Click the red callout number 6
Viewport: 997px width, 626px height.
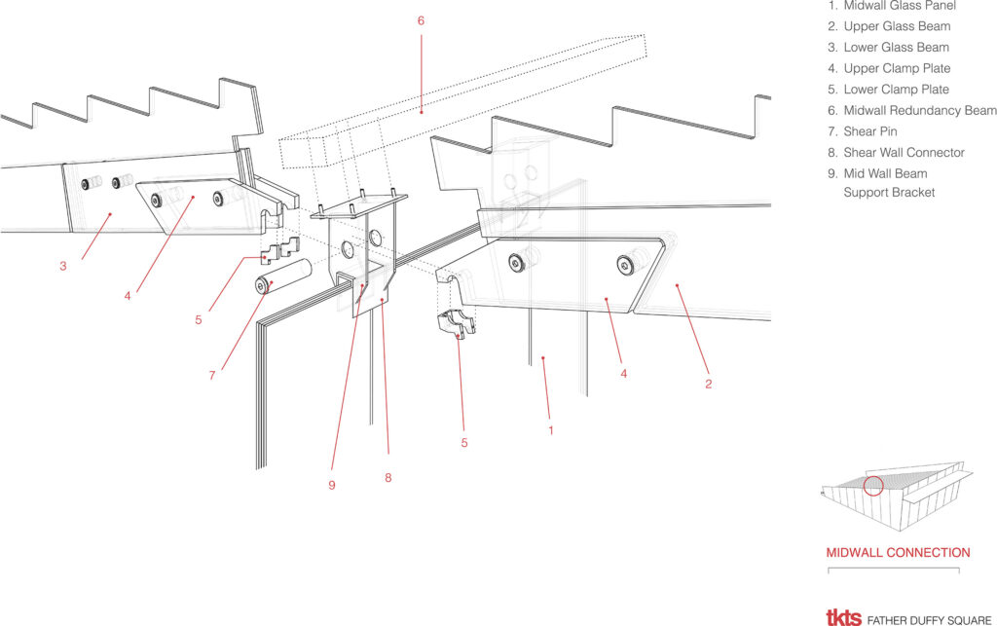pyautogui.click(x=421, y=21)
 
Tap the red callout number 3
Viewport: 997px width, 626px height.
pyautogui.click(x=63, y=267)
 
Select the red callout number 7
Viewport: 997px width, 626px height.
pyautogui.click(x=212, y=376)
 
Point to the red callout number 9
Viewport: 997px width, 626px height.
pyautogui.click(x=332, y=486)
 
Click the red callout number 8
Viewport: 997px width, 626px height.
pyautogui.click(x=388, y=478)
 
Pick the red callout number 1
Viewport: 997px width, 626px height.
pyautogui.click(x=551, y=431)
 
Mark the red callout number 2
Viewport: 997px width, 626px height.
pyautogui.click(x=709, y=384)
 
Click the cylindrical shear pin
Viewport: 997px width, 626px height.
pyautogui.click(x=283, y=276)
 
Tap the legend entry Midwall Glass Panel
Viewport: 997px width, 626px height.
pyautogui.click(x=892, y=6)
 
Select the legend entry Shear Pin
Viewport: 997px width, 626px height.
pyautogui.click(x=863, y=131)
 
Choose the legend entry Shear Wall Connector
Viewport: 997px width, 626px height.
pyautogui.click(x=896, y=153)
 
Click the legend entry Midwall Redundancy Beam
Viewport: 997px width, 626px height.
pyautogui.click(x=911, y=111)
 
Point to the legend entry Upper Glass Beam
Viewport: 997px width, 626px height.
pyautogui.click(x=889, y=26)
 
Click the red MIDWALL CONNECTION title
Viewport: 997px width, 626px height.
pyautogui.click(x=898, y=553)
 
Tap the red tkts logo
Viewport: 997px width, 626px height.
pyautogui.click(x=844, y=618)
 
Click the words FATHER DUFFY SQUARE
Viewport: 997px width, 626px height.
pyautogui.click(x=929, y=620)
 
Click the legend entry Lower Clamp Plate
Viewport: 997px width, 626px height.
pyautogui.click(x=888, y=90)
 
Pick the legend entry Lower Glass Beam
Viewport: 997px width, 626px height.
pyautogui.click(x=888, y=48)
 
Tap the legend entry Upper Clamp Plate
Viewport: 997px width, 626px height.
pyautogui.click(x=889, y=69)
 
